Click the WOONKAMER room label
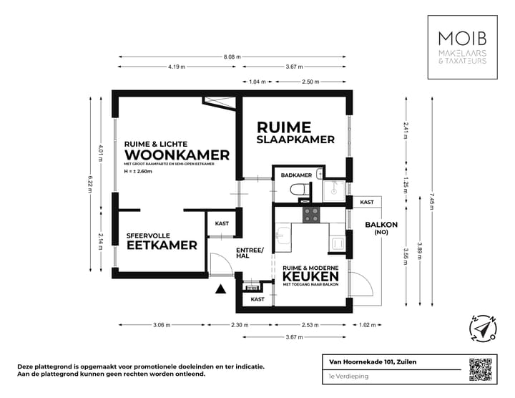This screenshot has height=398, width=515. pyautogui.click(x=177, y=155)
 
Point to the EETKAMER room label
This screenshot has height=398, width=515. pyautogui.click(x=162, y=246)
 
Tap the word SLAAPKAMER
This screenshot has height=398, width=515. pyautogui.click(x=295, y=140)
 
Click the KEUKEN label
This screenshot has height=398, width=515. pyautogui.click(x=310, y=276)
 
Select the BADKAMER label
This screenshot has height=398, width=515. pyautogui.click(x=295, y=175)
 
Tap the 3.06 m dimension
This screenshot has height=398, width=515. pyautogui.click(x=162, y=325)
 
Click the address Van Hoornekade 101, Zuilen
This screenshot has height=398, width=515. pyautogui.click(x=368, y=361)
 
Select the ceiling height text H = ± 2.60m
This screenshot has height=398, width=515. pyautogui.click(x=138, y=172)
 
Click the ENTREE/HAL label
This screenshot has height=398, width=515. pyautogui.click(x=250, y=252)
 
